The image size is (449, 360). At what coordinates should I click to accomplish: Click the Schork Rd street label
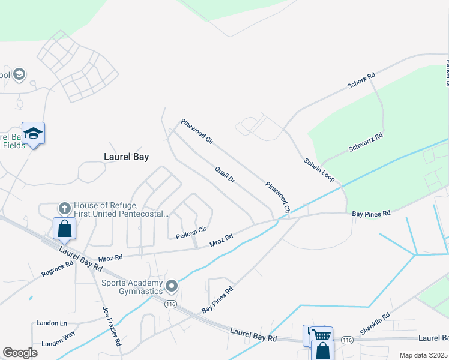[361, 81]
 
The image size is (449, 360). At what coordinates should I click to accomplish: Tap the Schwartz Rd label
[365, 143]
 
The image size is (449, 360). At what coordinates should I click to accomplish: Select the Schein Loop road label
[319, 170]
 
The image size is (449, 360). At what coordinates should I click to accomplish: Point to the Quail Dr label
[225, 175]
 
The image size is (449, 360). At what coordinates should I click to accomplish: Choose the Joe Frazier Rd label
[112, 326]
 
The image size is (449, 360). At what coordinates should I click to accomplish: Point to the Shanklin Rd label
[375, 323]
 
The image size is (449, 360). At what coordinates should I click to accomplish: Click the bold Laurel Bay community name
[126, 157]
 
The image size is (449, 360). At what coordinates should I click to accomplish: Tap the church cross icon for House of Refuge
[64, 208]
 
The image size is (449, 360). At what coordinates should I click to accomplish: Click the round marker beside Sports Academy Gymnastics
[172, 286]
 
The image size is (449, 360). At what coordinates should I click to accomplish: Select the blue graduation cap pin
[33, 133]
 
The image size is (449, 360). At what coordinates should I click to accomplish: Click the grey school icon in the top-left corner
[19, 74]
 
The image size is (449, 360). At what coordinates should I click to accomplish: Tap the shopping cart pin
[322, 336]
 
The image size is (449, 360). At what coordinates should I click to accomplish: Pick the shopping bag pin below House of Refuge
[64, 229]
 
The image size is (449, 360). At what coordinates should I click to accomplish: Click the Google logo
[20, 353]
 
